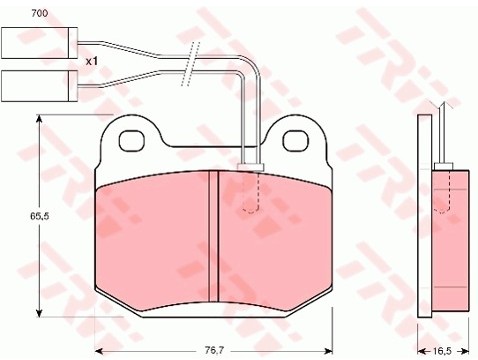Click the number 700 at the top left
[40, 13]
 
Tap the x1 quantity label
[92, 61]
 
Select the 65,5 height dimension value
[40, 216]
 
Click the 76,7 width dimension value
[214, 351]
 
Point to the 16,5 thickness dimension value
[442, 351]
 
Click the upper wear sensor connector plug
[39, 43]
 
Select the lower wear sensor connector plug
[39, 86]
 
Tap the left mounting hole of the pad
[132, 141]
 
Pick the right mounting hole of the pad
[296, 141]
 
